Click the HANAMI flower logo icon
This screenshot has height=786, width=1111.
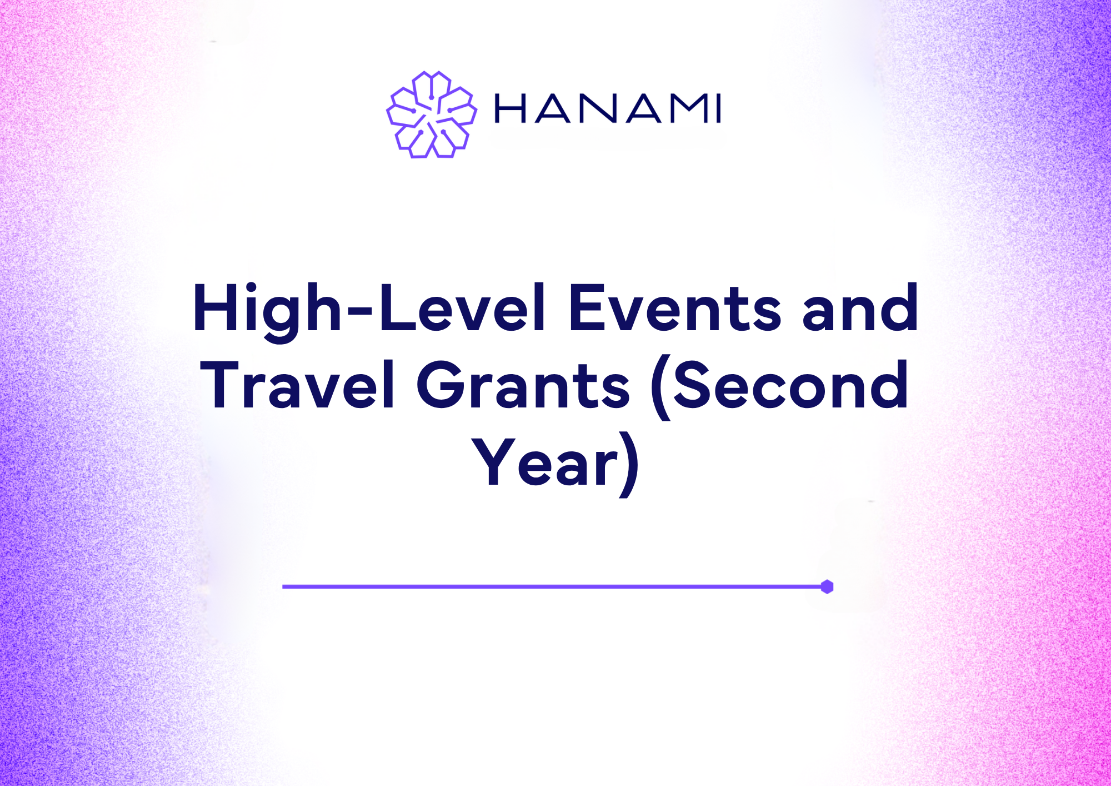coord(432,115)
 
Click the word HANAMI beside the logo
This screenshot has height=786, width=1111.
coord(608,108)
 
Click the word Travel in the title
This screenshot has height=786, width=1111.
coord(300,385)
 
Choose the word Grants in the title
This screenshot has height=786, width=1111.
coord(523,385)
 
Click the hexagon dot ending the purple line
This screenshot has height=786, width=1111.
coord(827,586)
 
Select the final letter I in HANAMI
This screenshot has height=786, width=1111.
coord(718,108)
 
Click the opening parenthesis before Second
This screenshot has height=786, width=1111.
coord(661,389)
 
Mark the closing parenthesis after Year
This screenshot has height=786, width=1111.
coord(630,466)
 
